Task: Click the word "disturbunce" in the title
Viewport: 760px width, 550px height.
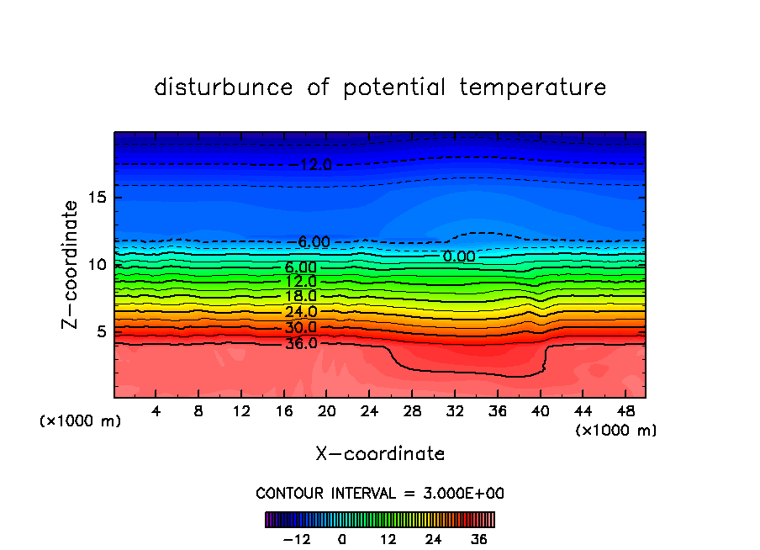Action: [224, 87]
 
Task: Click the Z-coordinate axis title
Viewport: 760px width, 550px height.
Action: [71, 264]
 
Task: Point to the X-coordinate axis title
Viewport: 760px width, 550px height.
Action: [380, 454]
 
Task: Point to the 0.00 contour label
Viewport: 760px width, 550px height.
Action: [459, 256]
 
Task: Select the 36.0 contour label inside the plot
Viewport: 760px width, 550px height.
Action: [300, 343]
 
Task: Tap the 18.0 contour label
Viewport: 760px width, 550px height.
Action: [300, 296]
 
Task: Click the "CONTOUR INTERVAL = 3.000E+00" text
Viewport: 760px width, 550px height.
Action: [380, 493]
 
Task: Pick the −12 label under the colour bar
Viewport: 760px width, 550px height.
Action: [296, 538]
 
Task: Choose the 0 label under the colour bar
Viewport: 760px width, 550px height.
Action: [342, 538]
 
